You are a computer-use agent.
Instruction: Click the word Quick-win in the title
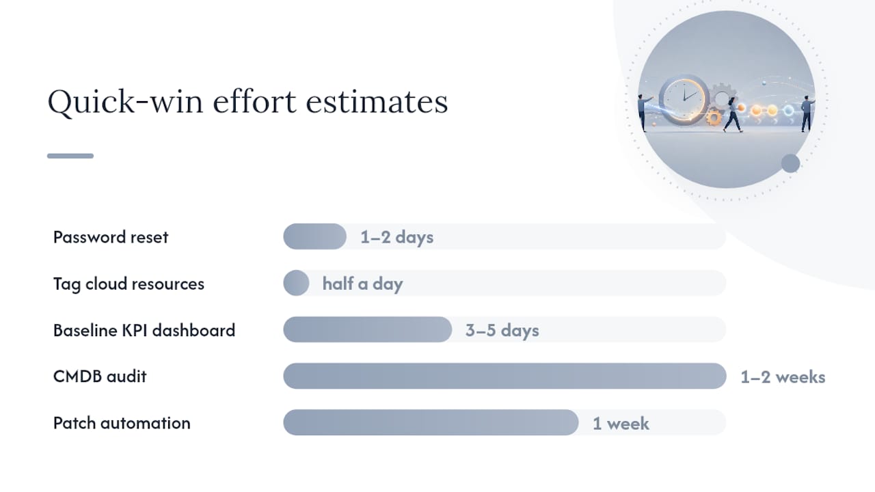(125, 102)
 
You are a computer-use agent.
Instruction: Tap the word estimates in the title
(377, 102)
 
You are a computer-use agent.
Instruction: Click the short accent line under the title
(70, 156)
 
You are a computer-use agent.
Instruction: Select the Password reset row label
(111, 237)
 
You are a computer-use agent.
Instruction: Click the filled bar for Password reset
(315, 236)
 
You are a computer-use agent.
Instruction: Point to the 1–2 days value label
(397, 237)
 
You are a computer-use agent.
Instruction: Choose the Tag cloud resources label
(129, 284)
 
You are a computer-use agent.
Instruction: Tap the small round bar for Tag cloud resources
(296, 283)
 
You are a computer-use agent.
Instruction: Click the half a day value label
(362, 284)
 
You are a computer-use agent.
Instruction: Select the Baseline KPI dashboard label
(144, 330)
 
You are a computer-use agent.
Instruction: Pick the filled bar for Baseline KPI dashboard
(368, 329)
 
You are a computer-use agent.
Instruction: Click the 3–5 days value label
(502, 330)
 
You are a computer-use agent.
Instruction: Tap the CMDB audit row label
(100, 377)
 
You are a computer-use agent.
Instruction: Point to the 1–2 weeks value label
(783, 377)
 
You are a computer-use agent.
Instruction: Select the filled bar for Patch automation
(431, 422)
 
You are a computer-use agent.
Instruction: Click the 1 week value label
(621, 423)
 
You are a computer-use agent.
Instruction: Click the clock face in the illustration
(684, 98)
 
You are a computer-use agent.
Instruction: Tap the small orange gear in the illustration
(714, 117)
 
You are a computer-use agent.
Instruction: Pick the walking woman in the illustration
(732, 115)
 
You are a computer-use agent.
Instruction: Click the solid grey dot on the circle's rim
(791, 163)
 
